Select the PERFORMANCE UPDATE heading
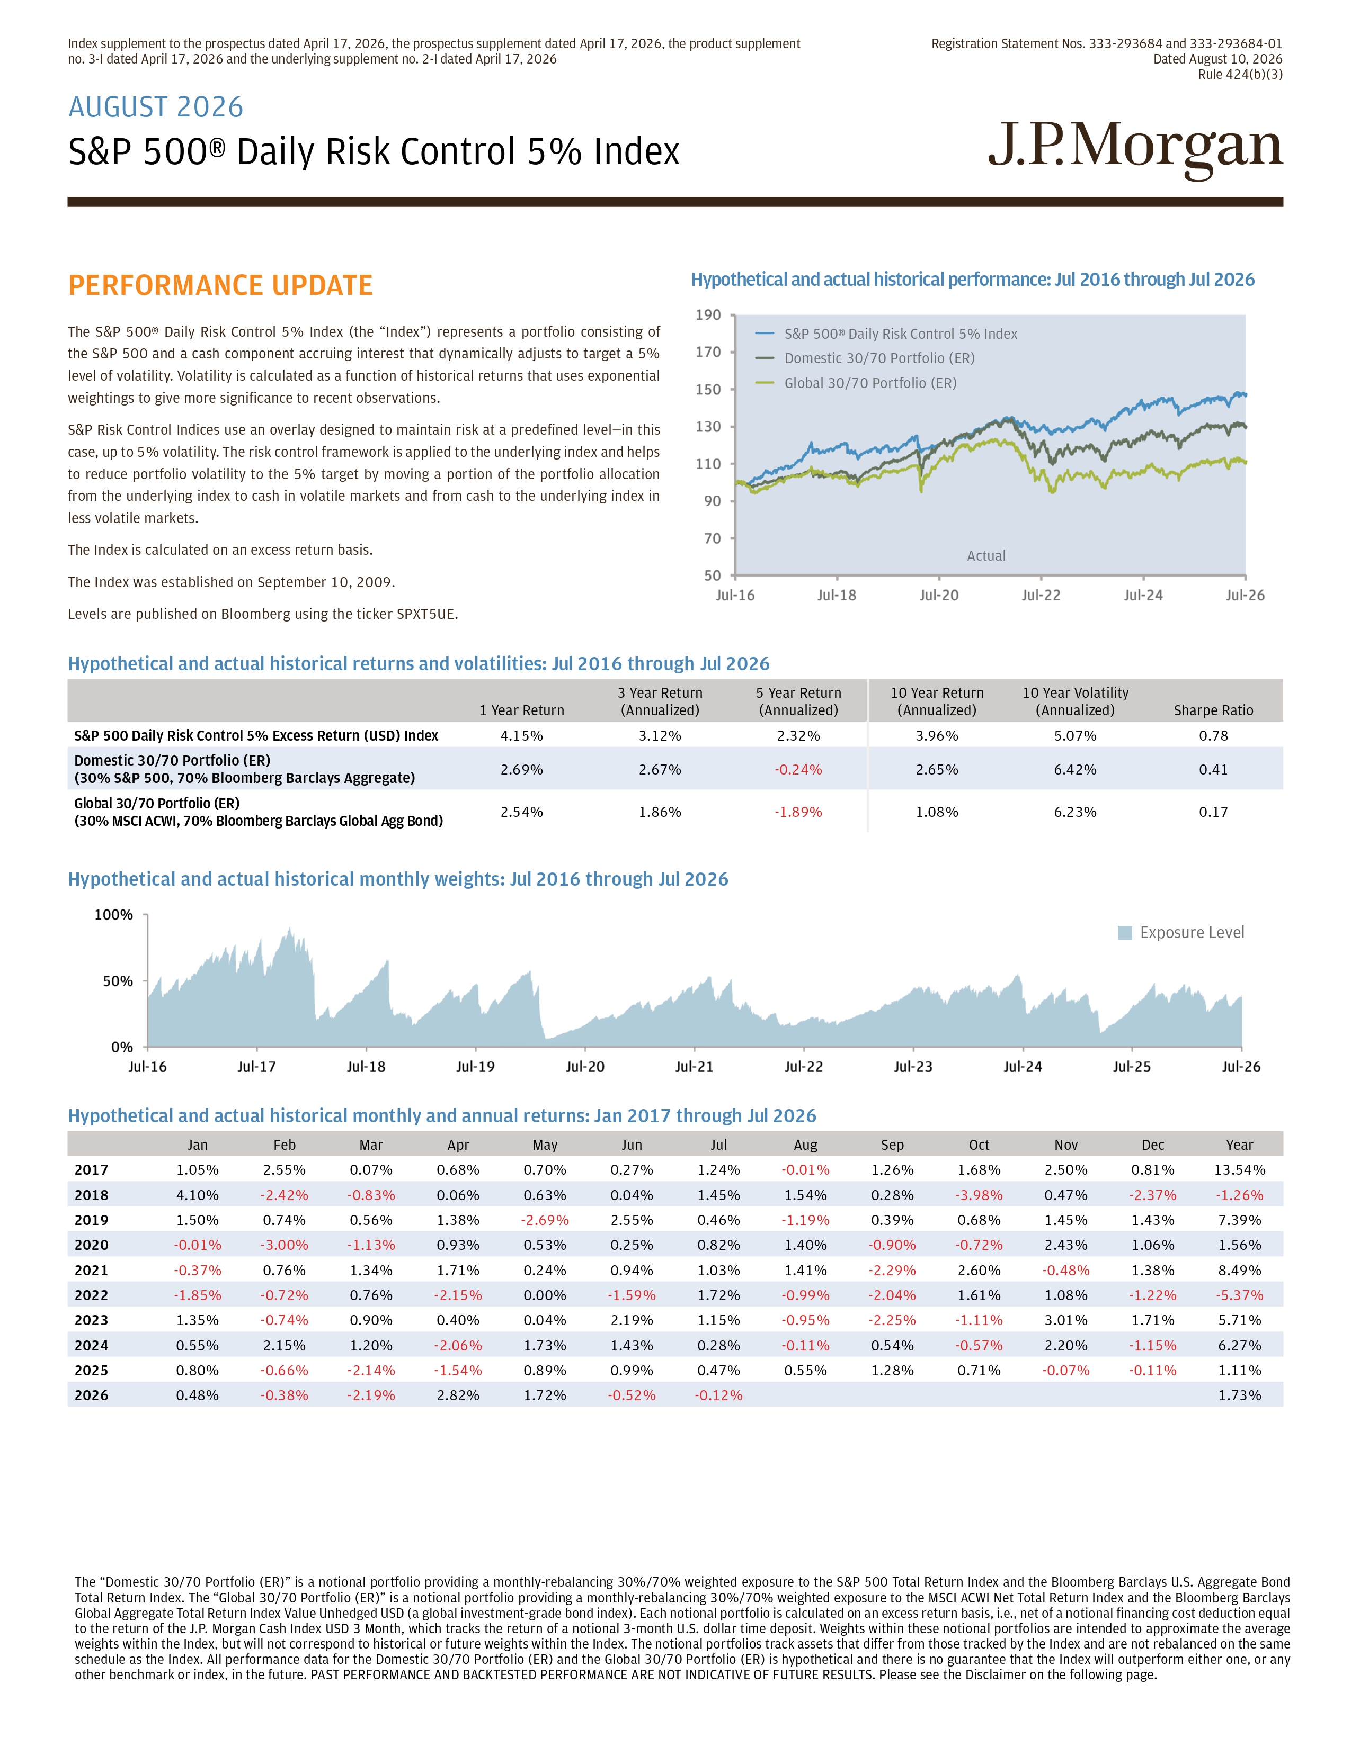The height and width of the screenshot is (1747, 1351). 220,285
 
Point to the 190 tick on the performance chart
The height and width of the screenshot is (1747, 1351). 708,315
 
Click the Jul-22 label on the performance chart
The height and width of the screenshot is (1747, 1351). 1041,595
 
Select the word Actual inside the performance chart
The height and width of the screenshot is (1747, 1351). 986,556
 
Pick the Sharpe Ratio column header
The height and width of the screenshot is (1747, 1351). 1213,710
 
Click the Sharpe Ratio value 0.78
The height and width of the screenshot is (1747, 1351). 1213,736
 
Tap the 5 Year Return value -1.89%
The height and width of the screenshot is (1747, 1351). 798,812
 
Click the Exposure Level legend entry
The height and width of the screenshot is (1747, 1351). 1181,933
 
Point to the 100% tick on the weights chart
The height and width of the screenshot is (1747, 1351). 114,914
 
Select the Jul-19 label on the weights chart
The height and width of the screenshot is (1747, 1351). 475,1067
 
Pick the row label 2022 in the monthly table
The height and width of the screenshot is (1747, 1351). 91,1295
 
